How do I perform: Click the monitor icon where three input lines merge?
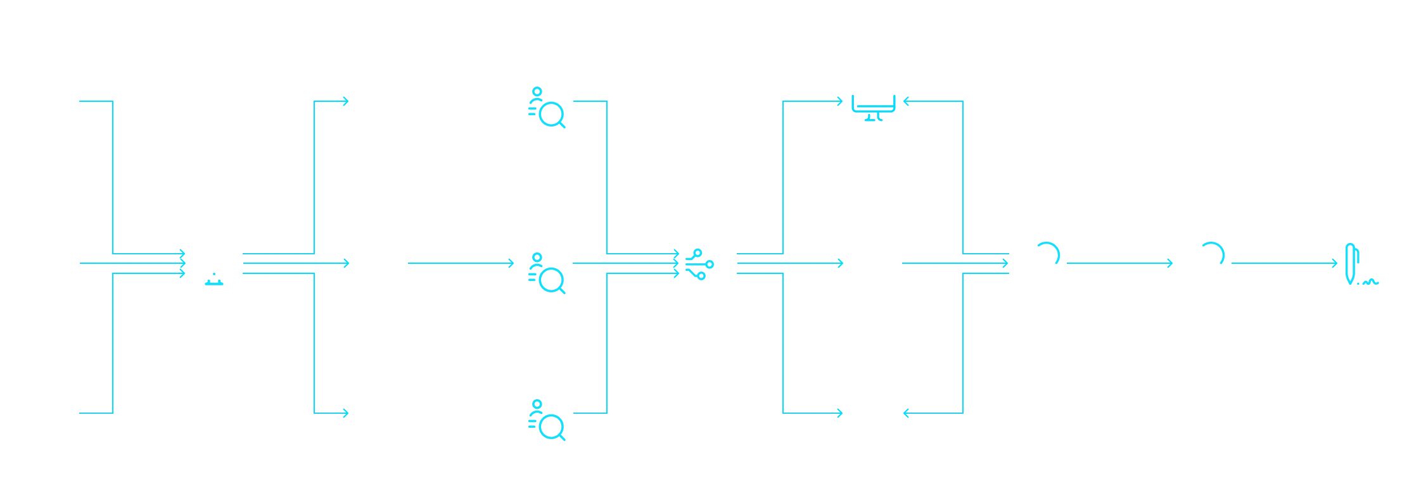213,262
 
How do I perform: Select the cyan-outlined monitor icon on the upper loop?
874,101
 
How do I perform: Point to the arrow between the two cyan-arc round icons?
1119,263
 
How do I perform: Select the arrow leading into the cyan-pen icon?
1282,263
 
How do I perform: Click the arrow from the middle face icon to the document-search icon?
460,263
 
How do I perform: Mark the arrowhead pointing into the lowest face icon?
346,413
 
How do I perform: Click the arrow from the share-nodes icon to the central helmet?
789,263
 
